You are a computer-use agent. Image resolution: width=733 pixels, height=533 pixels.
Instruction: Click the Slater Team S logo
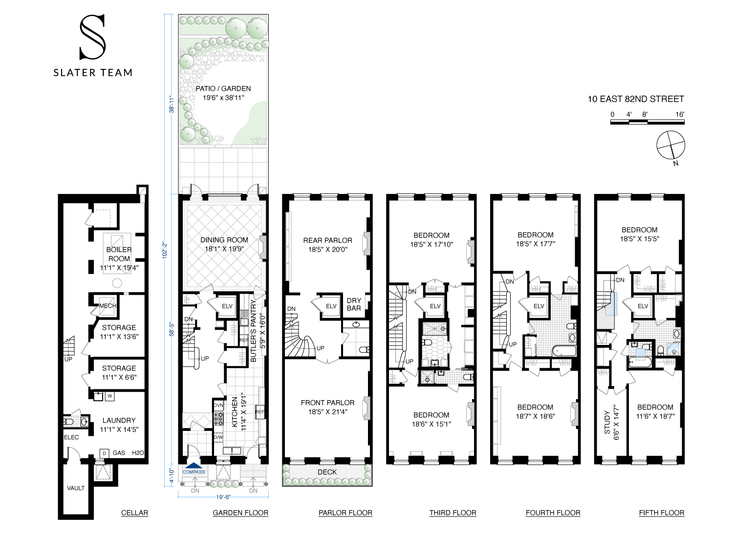click(x=93, y=37)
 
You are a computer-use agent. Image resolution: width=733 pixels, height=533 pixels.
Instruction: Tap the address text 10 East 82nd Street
click(x=635, y=99)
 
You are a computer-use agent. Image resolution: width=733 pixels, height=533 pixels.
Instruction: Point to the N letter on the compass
click(x=676, y=163)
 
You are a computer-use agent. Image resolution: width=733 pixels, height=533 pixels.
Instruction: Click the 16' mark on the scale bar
click(x=680, y=114)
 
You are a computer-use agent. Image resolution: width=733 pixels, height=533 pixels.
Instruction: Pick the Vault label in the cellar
click(x=76, y=488)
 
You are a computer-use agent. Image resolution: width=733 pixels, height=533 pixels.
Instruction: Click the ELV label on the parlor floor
click(x=331, y=306)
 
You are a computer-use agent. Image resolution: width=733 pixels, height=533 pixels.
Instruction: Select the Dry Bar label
click(x=354, y=304)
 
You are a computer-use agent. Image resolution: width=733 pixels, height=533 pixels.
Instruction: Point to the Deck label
click(x=327, y=472)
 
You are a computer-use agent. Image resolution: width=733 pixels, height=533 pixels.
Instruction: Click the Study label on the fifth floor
click(x=607, y=423)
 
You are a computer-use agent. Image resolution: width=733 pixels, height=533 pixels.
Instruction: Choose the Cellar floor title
click(x=134, y=512)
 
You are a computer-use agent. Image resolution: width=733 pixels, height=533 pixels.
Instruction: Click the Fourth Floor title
click(x=553, y=512)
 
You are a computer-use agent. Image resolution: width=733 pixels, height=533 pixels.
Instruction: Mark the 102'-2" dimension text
click(x=165, y=250)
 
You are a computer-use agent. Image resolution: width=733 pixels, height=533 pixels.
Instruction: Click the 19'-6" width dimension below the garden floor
click(x=223, y=497)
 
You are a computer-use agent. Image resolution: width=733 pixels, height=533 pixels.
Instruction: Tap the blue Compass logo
click(x=194, y=469)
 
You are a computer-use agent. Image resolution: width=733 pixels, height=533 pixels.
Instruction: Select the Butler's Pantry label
click(x=253, y=331)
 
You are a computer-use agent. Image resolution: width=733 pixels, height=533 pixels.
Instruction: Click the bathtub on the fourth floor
click(x=564, y=351)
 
